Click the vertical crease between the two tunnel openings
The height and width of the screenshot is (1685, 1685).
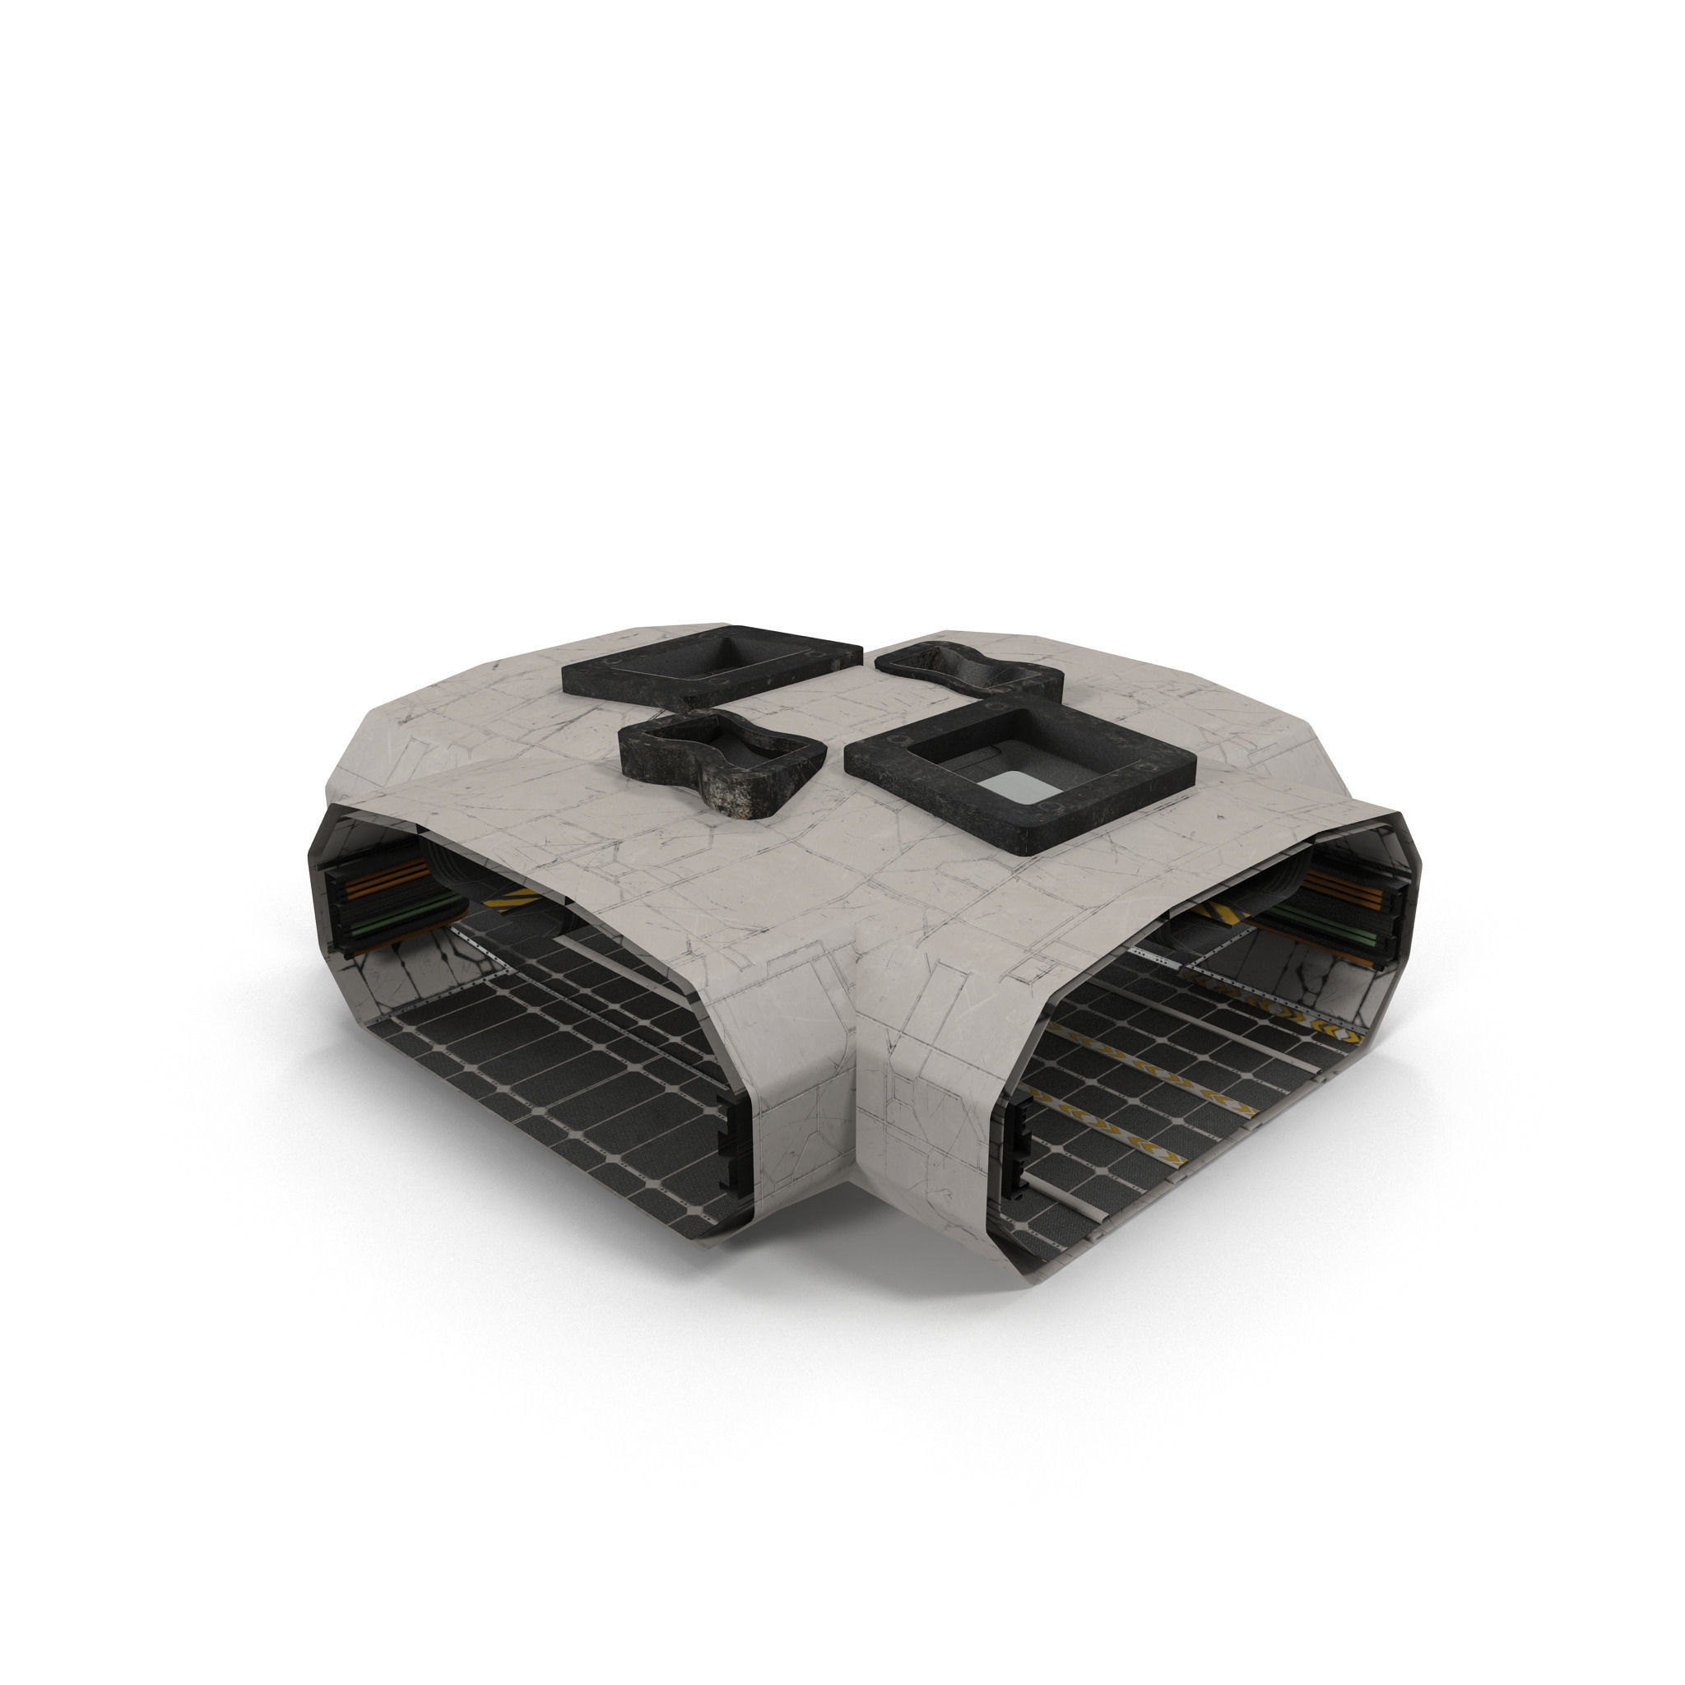click(x=859, y=1090)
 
